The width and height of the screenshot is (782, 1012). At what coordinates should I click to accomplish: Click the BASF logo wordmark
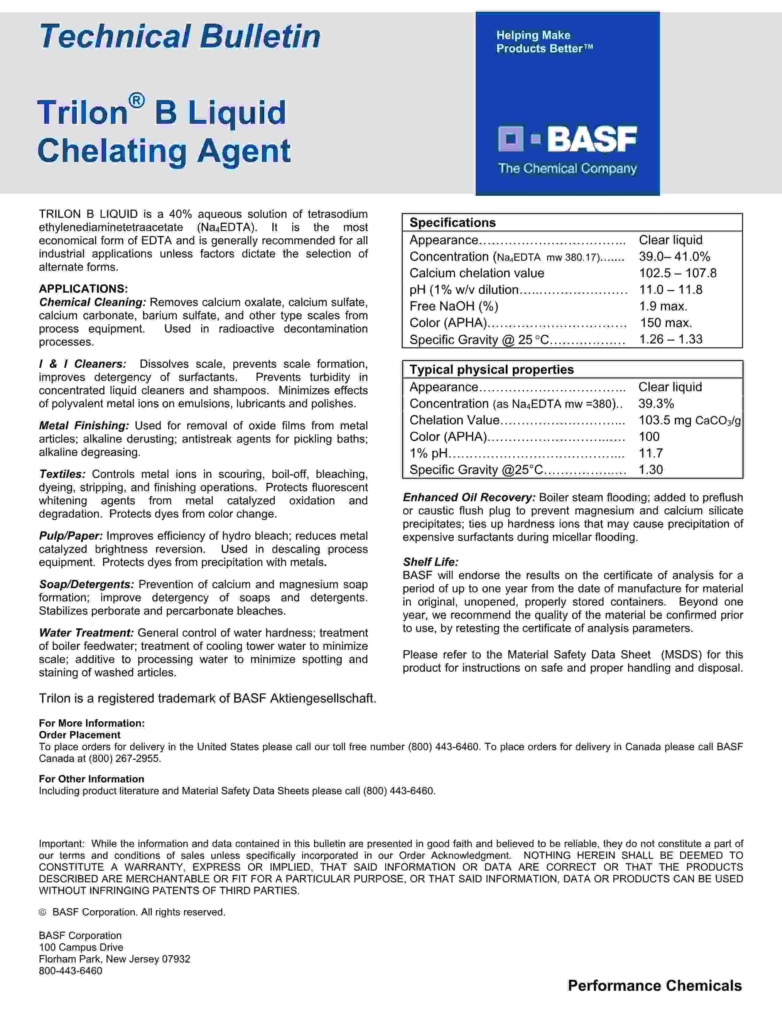point(592,139)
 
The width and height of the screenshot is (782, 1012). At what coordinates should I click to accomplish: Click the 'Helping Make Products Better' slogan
point(544,42)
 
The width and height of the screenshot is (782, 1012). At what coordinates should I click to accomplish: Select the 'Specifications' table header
point(453,222)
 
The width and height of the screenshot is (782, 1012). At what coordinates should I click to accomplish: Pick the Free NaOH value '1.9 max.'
point(663,306)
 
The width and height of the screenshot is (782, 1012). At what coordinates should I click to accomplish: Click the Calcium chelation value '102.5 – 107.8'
point(678,273)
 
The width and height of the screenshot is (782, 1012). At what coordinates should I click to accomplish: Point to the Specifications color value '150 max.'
point(666,323)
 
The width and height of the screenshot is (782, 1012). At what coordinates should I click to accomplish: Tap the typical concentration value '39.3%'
point(656,404)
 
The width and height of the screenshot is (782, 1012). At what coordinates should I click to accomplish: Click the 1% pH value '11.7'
point(650,453)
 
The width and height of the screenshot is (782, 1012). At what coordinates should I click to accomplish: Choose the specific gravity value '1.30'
point(650,470)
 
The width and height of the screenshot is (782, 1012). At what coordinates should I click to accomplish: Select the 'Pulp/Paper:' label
point(71,536)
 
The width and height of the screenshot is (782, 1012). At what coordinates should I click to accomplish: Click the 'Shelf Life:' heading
point(430,562)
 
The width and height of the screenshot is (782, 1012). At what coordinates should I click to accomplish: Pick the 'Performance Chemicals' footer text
point(655,986)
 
